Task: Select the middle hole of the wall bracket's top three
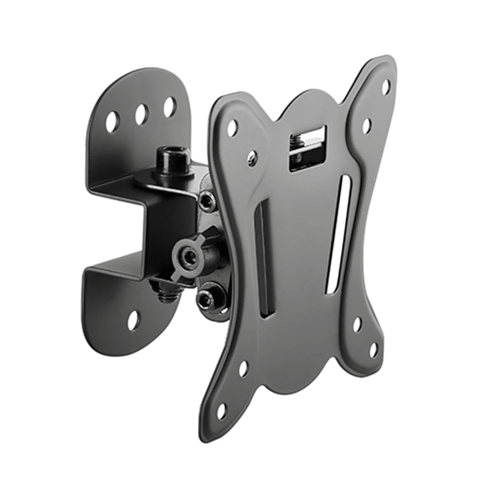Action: [141, 114]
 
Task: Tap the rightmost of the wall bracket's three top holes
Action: [169, 106]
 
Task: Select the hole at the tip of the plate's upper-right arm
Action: [385, 87]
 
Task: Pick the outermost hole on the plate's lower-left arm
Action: [221, 411]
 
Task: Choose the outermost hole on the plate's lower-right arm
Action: [374, 350]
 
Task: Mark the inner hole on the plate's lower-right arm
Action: [357, 324]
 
